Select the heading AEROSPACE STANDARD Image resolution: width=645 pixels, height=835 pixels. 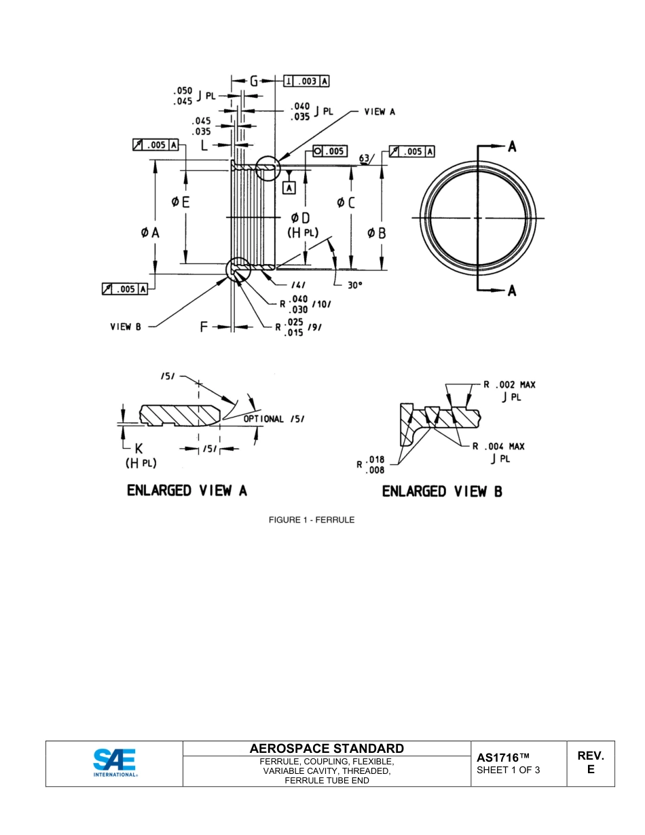point(327,748)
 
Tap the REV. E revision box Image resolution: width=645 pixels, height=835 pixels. point(590,762)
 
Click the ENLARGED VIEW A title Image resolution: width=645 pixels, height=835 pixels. point(187,491)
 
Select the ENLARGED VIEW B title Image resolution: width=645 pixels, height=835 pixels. point(442,491)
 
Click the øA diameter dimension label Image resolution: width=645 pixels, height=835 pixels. point(150,232)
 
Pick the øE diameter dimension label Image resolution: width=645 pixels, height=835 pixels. point(180,202)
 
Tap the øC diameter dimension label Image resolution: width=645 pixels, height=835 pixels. point(346,202)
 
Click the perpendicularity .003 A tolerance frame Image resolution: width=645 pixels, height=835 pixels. point(308,81)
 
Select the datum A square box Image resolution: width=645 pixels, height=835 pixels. point(289,188)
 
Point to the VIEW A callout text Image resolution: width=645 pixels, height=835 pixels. point(379,111)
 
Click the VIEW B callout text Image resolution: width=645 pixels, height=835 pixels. point(126,327)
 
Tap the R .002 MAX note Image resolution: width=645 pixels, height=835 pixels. point(509,385)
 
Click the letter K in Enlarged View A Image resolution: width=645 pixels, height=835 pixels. point(139,449)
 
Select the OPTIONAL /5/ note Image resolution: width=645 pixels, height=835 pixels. point(274,419)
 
